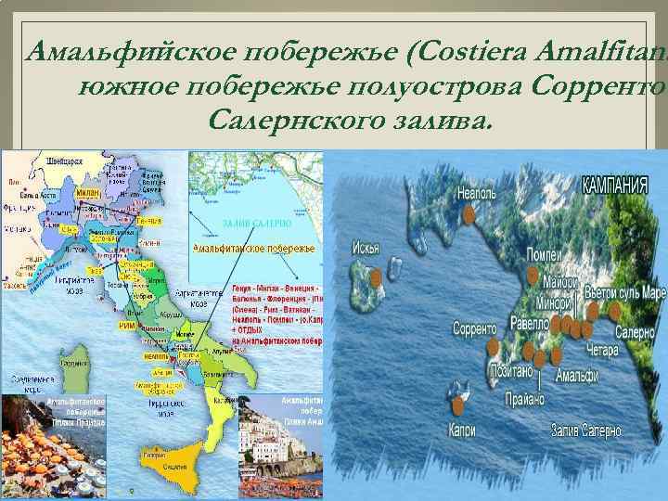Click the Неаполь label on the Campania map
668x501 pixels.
[482, 195]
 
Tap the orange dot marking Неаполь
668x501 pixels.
[469, 214]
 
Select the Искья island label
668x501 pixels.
[366, 249]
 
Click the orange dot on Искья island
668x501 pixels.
[376, 277]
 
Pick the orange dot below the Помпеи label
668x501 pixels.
[533, 274]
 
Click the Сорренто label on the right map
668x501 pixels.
[477, 328]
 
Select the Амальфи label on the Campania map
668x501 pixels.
[576, 377]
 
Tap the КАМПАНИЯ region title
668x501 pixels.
[614, 183]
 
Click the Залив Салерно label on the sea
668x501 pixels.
[586, 430]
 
